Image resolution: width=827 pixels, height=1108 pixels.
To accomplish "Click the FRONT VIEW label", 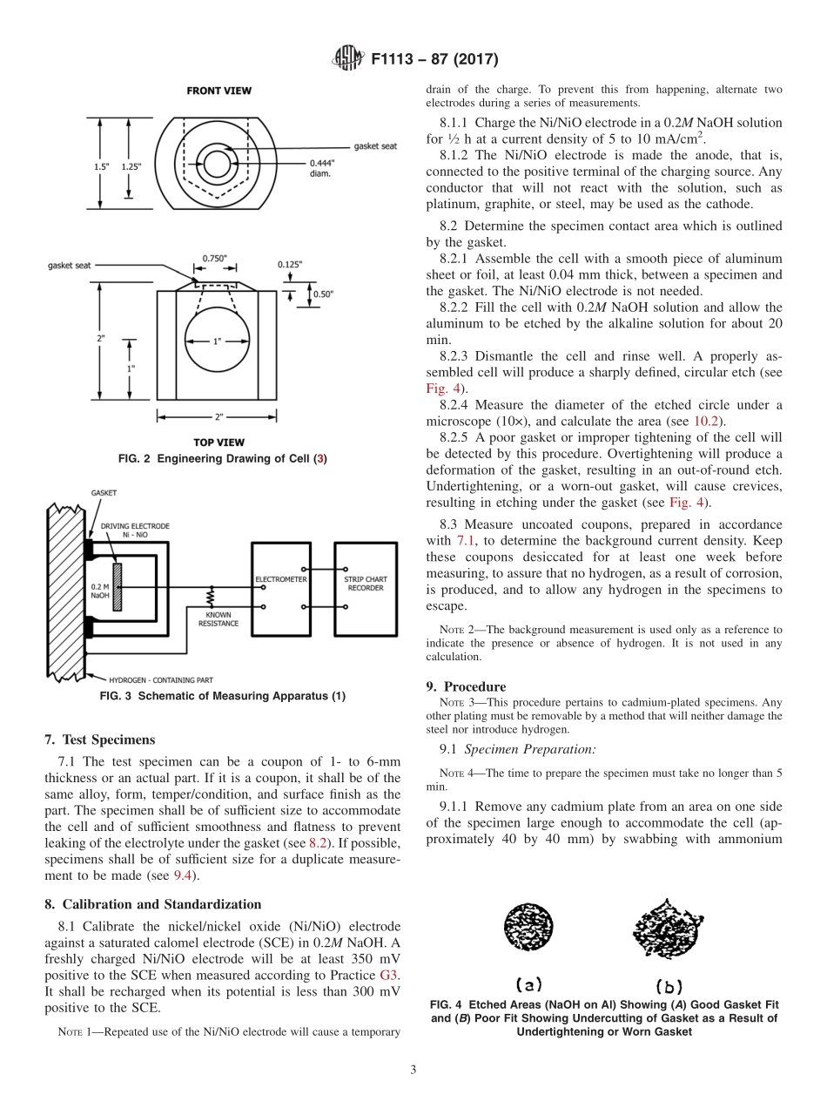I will [219, 91].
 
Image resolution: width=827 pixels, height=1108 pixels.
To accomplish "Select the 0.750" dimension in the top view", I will [213, 258].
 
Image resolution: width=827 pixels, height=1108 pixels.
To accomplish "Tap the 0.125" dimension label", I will [291, 264].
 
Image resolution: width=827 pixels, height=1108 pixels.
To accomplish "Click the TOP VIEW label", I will [219, 443].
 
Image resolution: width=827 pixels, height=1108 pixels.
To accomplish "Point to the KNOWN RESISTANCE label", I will [218, 618].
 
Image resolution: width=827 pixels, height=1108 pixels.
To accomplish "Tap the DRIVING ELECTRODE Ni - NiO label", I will [135, 530].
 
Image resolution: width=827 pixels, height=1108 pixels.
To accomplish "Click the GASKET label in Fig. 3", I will [103, 493].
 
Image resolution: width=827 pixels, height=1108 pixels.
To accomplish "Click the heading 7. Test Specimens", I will [99, 740].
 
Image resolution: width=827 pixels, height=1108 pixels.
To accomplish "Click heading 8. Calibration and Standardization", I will [152, 904].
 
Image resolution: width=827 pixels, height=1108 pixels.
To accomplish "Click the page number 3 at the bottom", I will [413, 1070].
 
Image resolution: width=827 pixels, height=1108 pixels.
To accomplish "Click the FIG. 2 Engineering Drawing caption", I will [222, 458].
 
